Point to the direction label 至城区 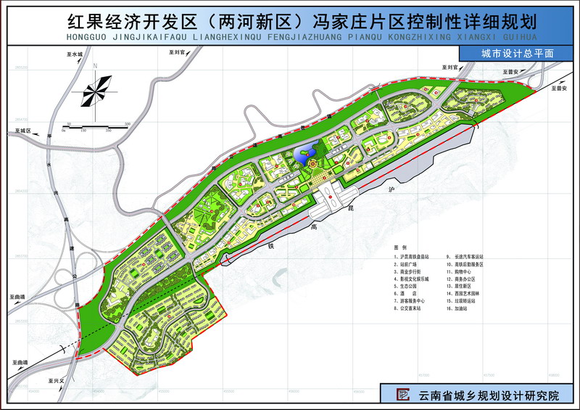pos(24,131)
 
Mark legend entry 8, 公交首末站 pos(410,308)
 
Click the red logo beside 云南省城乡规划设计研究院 pos(403,394)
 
